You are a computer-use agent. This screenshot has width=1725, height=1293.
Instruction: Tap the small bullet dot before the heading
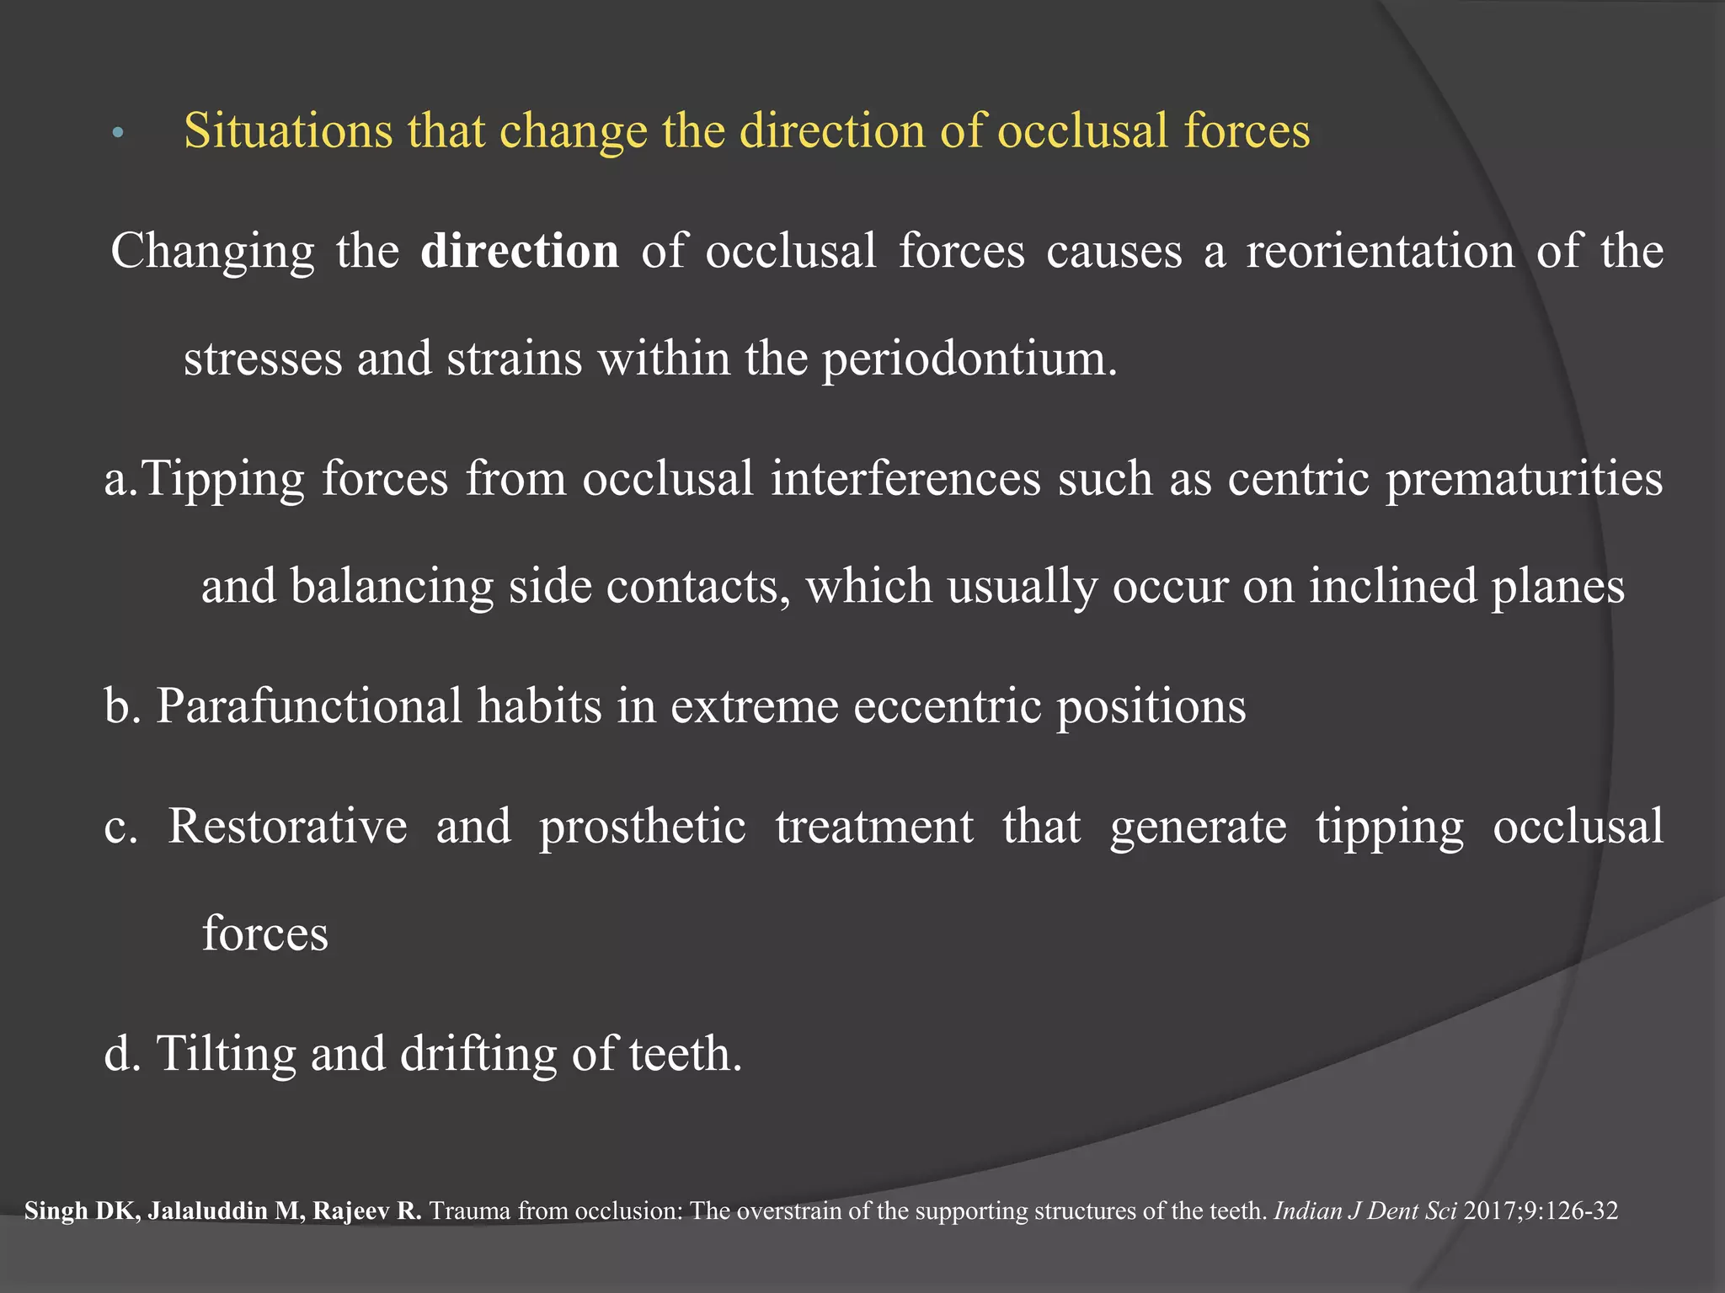(x=118, y=133)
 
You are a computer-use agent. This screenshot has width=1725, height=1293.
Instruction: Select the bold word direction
(x=520, y=252)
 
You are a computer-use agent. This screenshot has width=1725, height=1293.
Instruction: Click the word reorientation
(x=1380, y=252)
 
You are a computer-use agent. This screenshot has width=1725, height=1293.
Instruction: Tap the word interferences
(x=906, y=479)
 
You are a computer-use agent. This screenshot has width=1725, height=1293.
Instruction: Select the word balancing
(x=392, y=587)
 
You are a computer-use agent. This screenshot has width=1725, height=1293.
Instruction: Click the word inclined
(x=1393, y=586)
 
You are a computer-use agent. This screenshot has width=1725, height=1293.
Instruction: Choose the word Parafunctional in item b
(x=309, y=706)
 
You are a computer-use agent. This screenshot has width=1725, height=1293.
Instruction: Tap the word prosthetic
(x=643, y=827)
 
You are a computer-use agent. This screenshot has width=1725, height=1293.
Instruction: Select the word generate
(x=1198, y=827)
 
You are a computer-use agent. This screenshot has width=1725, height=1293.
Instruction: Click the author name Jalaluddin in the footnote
(x=223, y=1211)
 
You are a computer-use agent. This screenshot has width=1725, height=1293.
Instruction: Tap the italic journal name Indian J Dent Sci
(x=1365, y=1211)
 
